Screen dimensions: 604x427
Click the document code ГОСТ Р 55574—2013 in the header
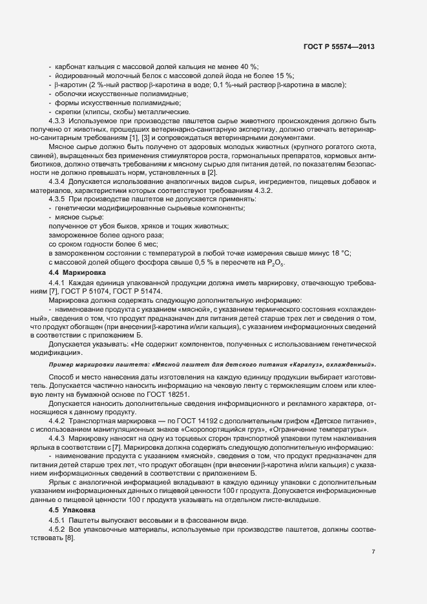(338, 47)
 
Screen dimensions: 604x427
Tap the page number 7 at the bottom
(373, 551)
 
